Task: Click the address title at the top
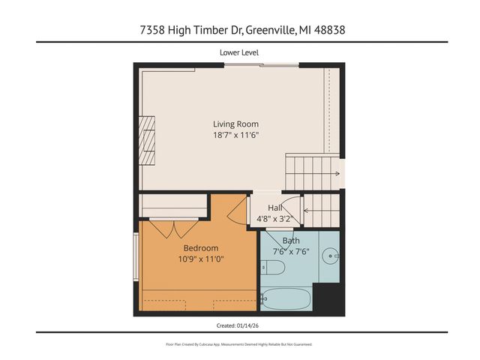(239, 30)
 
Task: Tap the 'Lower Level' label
(239, 52)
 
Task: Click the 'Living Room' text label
(235, 124)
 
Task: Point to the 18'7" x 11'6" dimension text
(235, 135)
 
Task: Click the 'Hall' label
(275, 208)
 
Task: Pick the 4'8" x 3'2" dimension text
(275, 219)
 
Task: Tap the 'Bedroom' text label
(201, 248)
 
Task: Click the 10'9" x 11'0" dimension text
(201, 259)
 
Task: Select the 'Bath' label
(291, 241)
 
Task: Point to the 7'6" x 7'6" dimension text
(291, 251)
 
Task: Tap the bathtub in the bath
(285, 298)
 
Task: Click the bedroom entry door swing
(238, 208)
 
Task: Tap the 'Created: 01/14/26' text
(239, 325)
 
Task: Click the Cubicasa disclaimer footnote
(239, 344)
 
